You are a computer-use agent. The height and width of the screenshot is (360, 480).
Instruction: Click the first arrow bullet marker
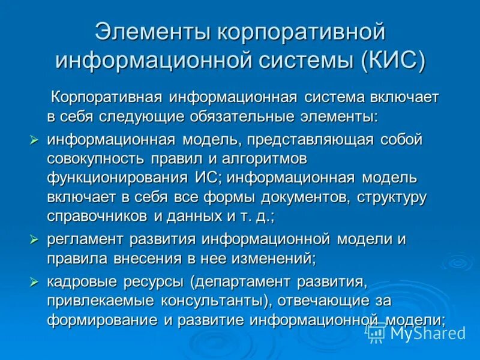34,140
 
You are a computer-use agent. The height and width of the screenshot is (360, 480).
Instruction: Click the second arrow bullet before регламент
34,239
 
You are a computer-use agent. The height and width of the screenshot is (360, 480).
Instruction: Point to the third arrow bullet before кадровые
34,281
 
